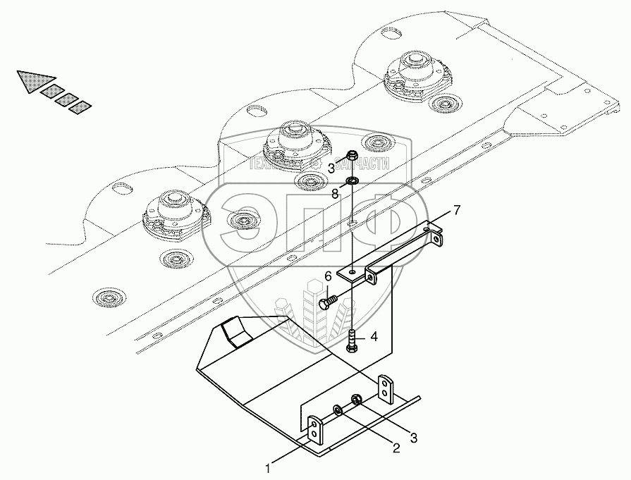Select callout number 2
(396, 446)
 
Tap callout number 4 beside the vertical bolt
(374, 337)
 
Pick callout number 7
(457, 211)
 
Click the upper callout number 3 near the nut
(331, 167)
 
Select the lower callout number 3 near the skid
(415, 438)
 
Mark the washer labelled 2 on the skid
(338, 410)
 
